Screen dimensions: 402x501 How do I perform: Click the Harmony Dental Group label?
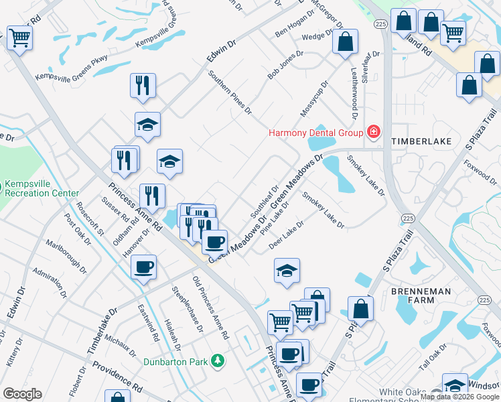click(315, 132)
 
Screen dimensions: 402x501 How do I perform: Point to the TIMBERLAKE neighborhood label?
click(421, 142)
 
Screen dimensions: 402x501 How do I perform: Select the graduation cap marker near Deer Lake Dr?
click(287, 270)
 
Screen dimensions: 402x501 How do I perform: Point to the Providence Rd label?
click(118, 377)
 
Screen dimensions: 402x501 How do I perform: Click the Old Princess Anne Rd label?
click(210, 307)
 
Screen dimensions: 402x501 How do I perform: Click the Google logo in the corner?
click(22, 394)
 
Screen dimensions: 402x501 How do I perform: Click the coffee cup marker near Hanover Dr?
click(144, 267)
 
